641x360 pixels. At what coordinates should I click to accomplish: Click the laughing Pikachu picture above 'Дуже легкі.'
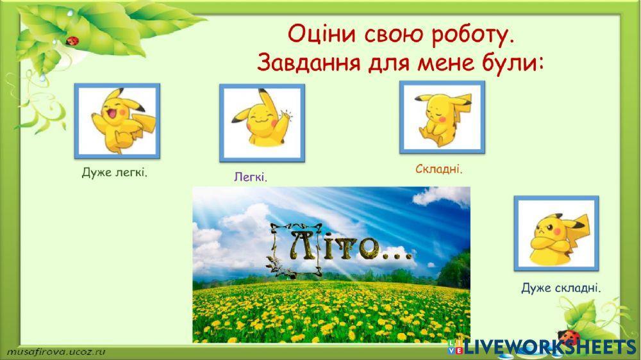click(117, 122)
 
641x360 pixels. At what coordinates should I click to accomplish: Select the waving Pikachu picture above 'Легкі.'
click(262, 123)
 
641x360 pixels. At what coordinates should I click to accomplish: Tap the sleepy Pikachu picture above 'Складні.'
click(442, 117)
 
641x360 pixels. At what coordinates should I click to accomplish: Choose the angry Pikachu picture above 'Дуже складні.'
click(556, 233)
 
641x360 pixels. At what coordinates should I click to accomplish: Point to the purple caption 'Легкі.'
click(250, 176)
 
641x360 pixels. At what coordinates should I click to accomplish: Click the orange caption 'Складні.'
click(439, 169)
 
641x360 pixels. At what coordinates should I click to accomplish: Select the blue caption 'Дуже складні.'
click(562, 288)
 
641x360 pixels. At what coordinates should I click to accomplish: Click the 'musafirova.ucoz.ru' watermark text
click(57, 351)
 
